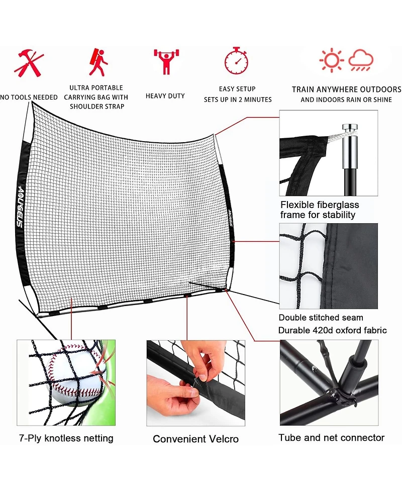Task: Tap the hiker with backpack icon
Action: coord(99,62)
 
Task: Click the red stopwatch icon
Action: coord(236,61)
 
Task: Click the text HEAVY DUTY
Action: coord(165,96)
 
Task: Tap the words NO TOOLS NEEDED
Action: coord(29,97)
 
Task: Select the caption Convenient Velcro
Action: coord(195,439)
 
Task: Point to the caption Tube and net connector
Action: coord(331,438)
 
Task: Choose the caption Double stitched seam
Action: coord(321,318)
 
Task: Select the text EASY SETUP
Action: coord(237,89)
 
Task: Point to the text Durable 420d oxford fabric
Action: coord(332,330)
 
